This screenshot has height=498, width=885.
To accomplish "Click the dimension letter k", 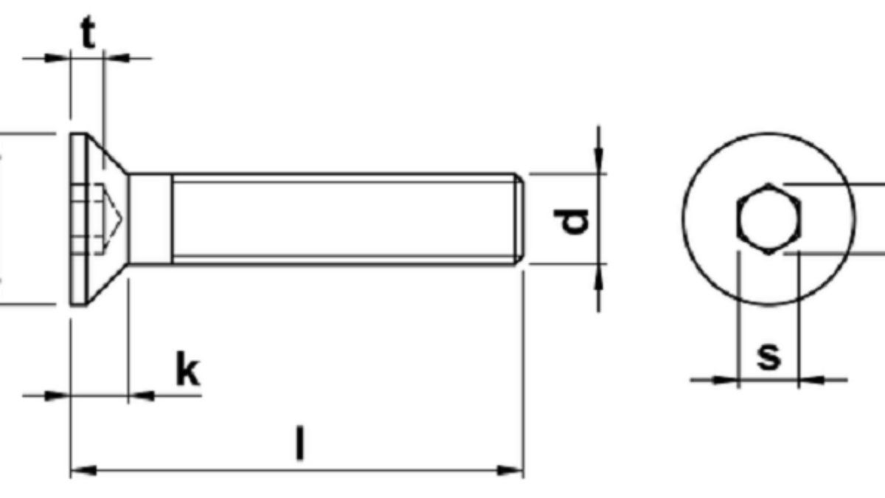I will pos(187,370).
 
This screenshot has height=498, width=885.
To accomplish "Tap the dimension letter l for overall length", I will pos(299,442).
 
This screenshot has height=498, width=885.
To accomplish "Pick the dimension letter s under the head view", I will pos(768,356).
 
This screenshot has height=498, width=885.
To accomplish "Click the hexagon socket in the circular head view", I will pos(768,218).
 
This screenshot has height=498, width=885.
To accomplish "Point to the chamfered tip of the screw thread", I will pos(520,218).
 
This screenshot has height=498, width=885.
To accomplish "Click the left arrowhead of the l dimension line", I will pos(80,469).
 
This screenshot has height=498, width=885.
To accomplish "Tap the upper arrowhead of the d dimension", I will pos(599,163).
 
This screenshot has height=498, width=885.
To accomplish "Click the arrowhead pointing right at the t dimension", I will pos(60,57).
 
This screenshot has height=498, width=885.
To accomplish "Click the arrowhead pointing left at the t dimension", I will pos(115,57).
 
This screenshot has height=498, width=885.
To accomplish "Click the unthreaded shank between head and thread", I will pos(150,218).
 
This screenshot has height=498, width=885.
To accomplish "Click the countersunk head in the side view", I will pos(92,218).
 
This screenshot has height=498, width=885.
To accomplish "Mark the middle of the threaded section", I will pos(343,218).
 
